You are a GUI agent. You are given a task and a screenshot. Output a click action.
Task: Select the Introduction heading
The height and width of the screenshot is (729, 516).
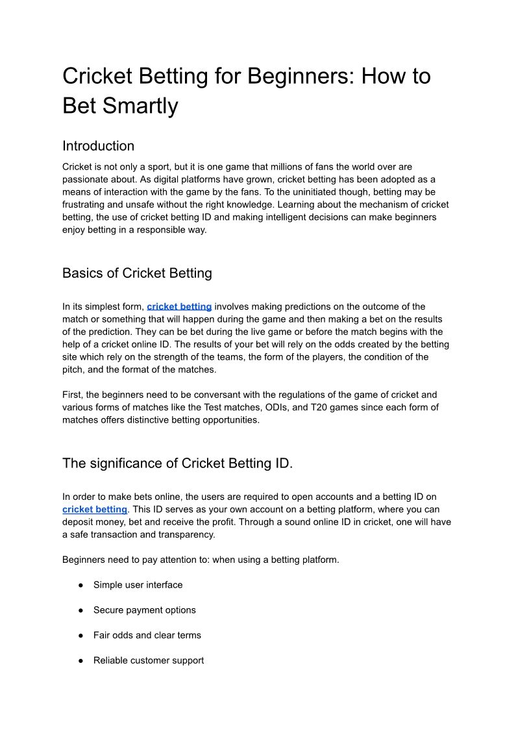click(x=98, y=146)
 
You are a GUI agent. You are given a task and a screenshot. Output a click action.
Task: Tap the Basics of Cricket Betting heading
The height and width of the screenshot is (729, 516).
click(x=137, y=273)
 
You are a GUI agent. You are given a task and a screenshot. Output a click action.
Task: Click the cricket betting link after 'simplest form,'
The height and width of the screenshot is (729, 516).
click(x=179, y=306)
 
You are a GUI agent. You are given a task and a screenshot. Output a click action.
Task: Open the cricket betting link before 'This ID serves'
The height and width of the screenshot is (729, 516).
click(x=94, y=510)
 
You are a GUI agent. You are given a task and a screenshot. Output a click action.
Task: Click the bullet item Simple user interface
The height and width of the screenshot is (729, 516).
click(x=138, y=585)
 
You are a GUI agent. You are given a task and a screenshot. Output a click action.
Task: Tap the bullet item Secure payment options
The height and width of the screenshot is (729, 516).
click(x=144, y=610)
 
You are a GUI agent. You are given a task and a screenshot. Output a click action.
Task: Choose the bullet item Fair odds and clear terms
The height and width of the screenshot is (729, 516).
click(x=147, y=636)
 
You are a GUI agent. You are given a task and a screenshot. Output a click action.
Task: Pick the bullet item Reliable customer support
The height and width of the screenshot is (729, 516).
click(x=148, y=661)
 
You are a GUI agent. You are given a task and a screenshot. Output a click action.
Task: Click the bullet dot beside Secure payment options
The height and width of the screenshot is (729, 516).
click(x=81, y=610)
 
